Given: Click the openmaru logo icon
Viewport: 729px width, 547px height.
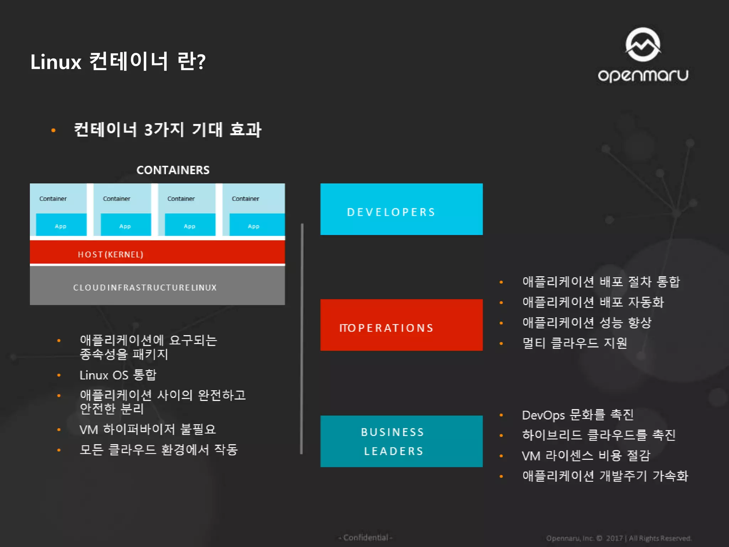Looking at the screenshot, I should (643, 45).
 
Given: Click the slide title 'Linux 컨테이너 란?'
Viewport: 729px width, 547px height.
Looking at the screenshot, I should (118, 62).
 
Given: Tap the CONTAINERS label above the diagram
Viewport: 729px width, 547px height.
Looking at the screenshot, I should (173, 170).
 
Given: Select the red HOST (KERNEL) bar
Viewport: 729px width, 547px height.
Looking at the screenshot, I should (157, 254).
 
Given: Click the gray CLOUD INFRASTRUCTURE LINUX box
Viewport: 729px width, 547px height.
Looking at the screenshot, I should (157, 287).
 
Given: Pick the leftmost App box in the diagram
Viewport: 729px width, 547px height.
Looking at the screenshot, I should (61, 225).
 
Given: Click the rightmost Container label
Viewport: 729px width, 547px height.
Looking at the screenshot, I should (245, 199).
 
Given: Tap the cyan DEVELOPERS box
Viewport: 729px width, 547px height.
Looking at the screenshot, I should (401, 209).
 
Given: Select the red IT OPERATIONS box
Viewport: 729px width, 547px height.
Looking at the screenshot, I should (401, 325).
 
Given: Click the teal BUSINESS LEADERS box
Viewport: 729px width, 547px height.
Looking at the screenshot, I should (401, 441).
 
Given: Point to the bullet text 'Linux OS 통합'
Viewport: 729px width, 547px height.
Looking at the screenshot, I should (118, 375).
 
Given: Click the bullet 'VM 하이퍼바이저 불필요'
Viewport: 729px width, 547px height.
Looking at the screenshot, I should (148, 429).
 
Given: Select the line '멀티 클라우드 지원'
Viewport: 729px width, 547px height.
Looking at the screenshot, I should (574, 343).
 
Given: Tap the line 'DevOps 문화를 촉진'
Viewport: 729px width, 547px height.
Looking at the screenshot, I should (577, 415).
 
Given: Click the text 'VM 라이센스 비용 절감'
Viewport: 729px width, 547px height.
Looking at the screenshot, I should (586, 455).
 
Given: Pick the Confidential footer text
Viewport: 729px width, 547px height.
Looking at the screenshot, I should (366, 537).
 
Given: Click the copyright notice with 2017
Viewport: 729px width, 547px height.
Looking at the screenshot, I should (619, 538).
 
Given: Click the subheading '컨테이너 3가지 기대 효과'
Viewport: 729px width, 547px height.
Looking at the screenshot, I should (167, 130).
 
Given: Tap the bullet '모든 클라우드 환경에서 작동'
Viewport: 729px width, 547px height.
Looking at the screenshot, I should (158, 450).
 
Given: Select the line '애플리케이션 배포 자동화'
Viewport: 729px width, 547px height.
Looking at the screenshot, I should (593, 302).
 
